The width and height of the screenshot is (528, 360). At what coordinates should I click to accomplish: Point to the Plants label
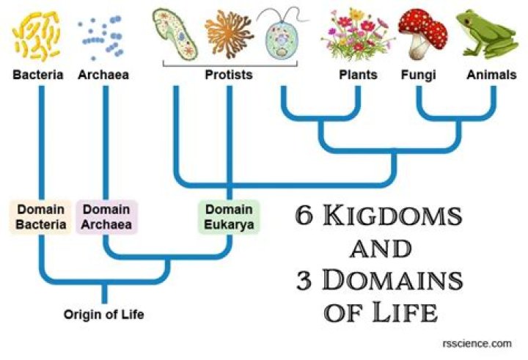358,75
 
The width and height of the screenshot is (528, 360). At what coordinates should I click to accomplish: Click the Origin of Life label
103,315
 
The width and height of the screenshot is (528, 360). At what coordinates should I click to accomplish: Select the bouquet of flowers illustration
356,37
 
